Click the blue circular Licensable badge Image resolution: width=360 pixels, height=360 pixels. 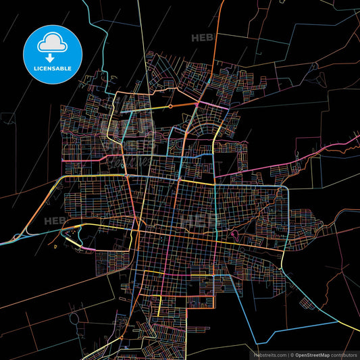pyautogui.click(x=52, y=52)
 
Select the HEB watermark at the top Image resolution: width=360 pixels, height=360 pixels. pyautogui.click(x=201, y=38)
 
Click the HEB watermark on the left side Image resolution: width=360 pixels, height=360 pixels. pyautogui.click(x=54, y=220)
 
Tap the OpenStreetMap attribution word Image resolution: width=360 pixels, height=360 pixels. pyautogui.click(x=313, y=354)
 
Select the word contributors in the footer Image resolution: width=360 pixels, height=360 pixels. pyautogui.click(x=344, y=354)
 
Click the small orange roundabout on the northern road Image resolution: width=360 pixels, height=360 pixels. pyautogui.click(x=170, y=106)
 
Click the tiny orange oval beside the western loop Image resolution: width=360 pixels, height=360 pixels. pyautogui.click(x=55, y=247)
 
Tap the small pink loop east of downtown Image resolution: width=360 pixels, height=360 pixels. pyautogui.click(x=234, y=235)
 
